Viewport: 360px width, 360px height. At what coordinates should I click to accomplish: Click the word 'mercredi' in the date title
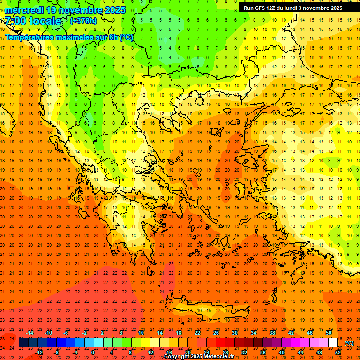pyautogui.click(x=23, y=10)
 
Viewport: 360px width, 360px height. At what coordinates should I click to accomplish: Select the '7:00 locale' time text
pyautogui.click(x=33, y=21)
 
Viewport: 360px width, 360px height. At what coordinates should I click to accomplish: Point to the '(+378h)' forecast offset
pyautogui.click(x=84, y=21)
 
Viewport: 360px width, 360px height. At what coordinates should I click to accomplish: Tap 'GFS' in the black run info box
pyautogui.click(x=261, y=8)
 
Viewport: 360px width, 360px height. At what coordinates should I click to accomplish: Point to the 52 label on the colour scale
pyautogui.click(x=338, y=352)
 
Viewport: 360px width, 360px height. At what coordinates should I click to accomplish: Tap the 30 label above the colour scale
pyautogui.click(x=234, y=332)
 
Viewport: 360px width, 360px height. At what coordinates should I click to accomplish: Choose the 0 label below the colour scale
pyautogui.click(x=93, y=352)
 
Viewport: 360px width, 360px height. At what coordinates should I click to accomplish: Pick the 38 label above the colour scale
pyautogui.click(x=272, y=332)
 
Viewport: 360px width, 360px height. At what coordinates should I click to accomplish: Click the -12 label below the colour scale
pyautogui.click(x=39, y=352)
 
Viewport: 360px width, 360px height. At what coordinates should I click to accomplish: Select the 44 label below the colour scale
pyautogui.click(x=300, y=352)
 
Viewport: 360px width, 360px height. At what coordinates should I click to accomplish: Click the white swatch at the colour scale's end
pyautogui.click(x=333, y=343)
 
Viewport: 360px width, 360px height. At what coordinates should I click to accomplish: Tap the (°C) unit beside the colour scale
pyautogui.click(x=349, y=343)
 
